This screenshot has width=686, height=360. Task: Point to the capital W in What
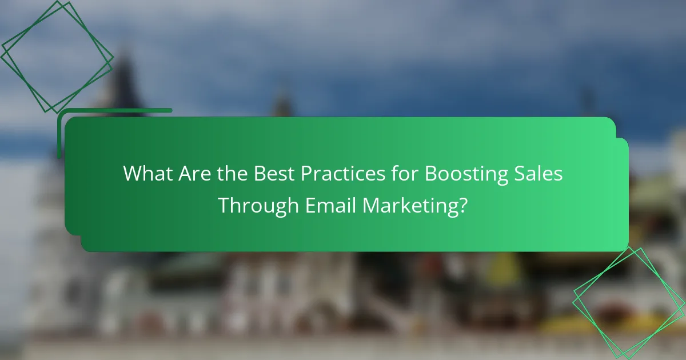coord(132,174)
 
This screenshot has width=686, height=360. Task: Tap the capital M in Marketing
coord(372,205)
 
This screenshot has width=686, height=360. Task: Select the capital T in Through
coord(224,205)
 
